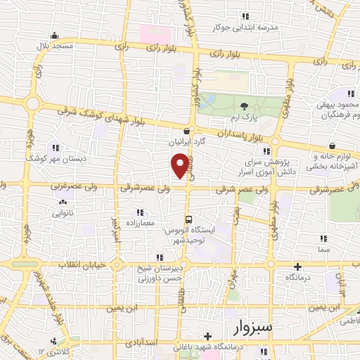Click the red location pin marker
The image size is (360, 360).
point(180,166)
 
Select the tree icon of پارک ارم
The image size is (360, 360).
point(244,105)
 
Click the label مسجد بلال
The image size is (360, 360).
point(56,45)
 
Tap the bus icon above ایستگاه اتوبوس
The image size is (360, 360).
point(188,218)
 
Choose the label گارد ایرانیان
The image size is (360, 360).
point(186,141)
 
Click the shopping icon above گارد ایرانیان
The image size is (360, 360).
point(186,130)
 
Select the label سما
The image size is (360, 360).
point(324,250)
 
